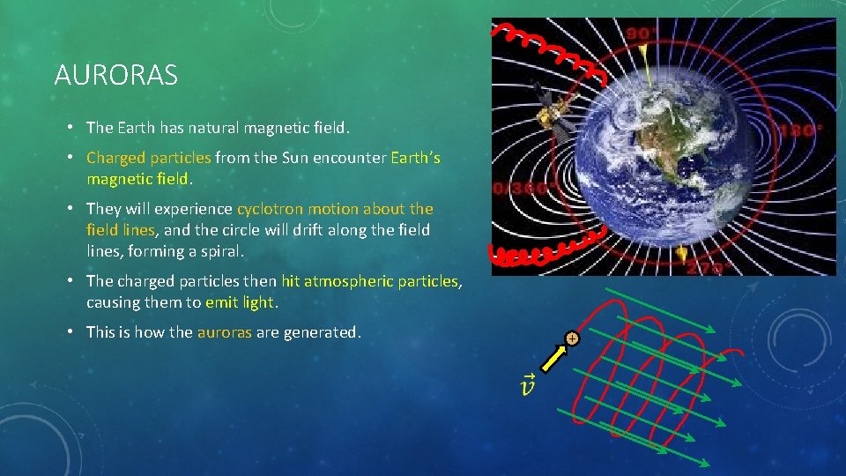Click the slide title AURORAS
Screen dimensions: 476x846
pos(115,76)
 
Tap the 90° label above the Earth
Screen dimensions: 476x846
pos(642,34)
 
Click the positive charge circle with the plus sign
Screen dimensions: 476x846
pos(572,338)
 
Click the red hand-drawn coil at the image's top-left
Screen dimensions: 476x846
pos(551,48)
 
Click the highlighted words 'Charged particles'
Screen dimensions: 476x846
pos(148,158)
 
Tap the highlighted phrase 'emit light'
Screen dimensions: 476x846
pos(241,302)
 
